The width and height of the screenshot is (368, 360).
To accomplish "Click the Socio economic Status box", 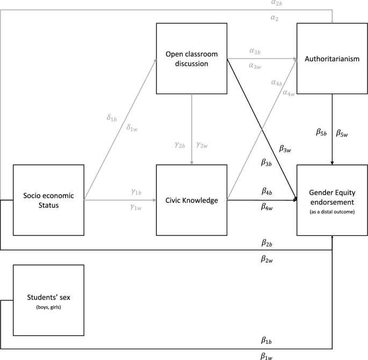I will pyautogui.click(x=48, y=200).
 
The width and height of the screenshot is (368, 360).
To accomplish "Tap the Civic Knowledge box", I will pyautogui.click(x=192, y=200).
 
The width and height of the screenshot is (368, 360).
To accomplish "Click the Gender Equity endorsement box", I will pyautogui.click(x=332, y=200).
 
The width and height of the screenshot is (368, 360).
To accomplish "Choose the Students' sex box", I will pyautogui.click(x=48, y=300).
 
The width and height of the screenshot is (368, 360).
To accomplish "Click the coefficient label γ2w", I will pyautogui.click(x=203, y=145).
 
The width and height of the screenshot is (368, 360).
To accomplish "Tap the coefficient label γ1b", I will pyautogui.click(x=136, y=192).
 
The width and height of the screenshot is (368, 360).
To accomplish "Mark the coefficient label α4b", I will pyautogui.click(x=277, y=83).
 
